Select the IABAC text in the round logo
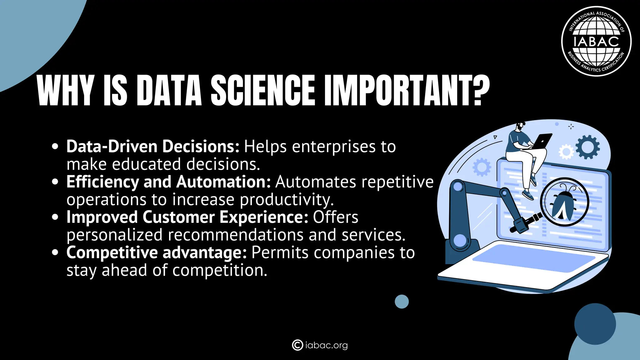point(596,42)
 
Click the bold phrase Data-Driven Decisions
point(153,146)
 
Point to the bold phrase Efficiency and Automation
point(168,182)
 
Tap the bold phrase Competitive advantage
point(157,252)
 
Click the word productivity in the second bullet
point(287,200)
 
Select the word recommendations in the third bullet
point(236,235)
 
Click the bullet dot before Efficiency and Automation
point(55,182)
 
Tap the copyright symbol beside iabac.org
point(297,345)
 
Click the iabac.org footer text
point(326,345)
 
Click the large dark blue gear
point(587,147)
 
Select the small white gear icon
point(566,152)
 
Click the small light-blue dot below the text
point(402,302)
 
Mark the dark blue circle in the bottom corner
point(595,324)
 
